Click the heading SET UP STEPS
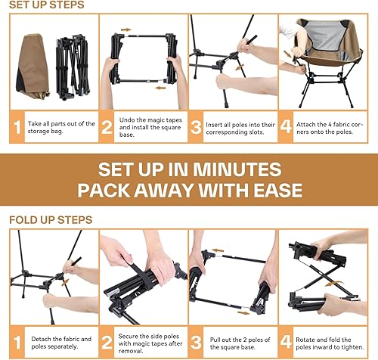pos(47,5)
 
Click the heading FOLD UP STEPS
pos(50,220)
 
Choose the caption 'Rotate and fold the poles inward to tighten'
pos(334,343)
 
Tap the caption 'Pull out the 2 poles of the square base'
pos(244,343)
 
